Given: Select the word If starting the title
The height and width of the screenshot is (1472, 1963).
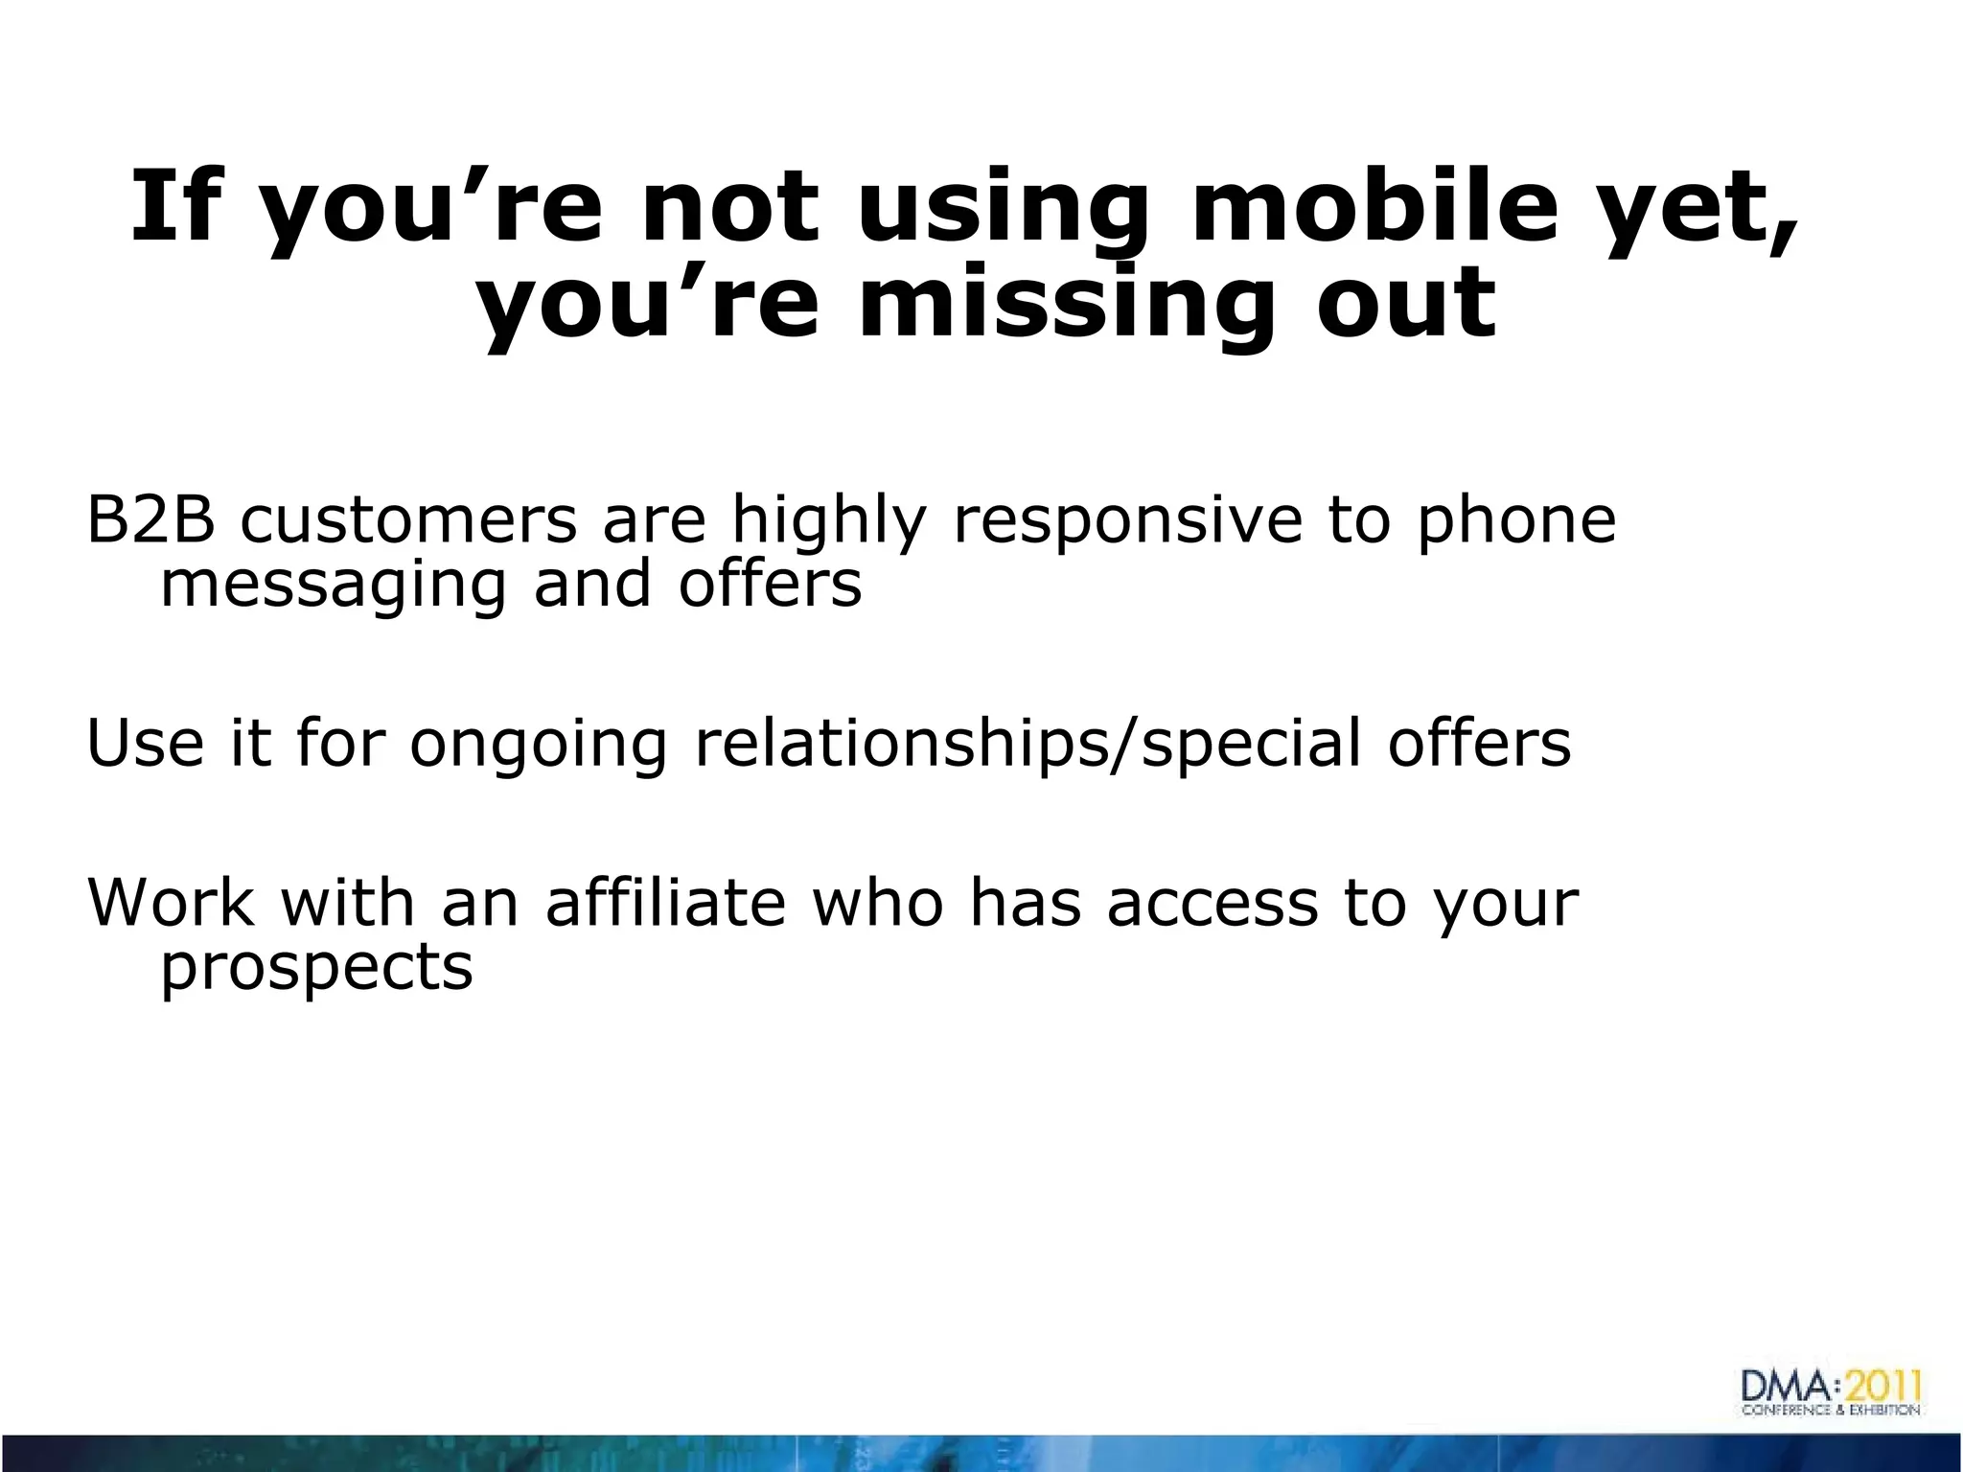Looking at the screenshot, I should tap(178, 205).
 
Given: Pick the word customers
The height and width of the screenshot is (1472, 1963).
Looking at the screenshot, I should tap(408, 519).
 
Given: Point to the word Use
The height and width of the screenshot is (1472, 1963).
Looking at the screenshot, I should tap(145, 743).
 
